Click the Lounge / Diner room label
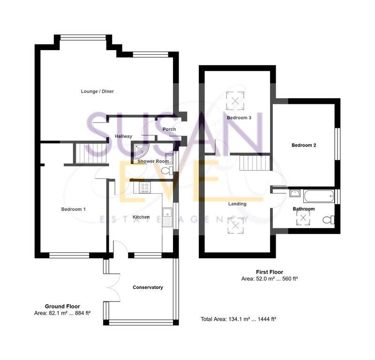(97, 91)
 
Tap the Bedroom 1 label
(73, 209)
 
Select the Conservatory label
(148, 287)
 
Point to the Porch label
(169, 129)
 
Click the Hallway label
(124, 136)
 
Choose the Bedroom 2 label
(304, 145)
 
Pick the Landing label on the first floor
(237, 204)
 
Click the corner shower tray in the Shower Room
(141, 150)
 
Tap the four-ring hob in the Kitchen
(144, 187)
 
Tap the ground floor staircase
(89, 153)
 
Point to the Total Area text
(238, 319)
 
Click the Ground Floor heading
(62, 306)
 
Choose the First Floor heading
(269, 272)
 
